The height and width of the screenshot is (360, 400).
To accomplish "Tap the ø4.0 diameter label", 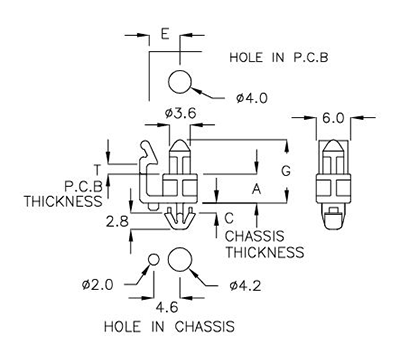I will [251, 98].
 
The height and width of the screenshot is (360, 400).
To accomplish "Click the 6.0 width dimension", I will [334, 118].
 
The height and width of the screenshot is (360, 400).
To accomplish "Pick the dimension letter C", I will [228, 217].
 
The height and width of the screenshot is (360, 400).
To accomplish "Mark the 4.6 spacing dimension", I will [166, 307].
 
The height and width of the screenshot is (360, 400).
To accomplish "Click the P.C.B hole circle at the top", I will [181, 82].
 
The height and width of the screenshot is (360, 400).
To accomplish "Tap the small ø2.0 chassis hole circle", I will [154, 261].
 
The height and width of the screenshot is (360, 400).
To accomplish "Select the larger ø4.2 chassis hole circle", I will [181, 259].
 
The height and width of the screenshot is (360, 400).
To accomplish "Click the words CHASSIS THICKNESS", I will [263, 244].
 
